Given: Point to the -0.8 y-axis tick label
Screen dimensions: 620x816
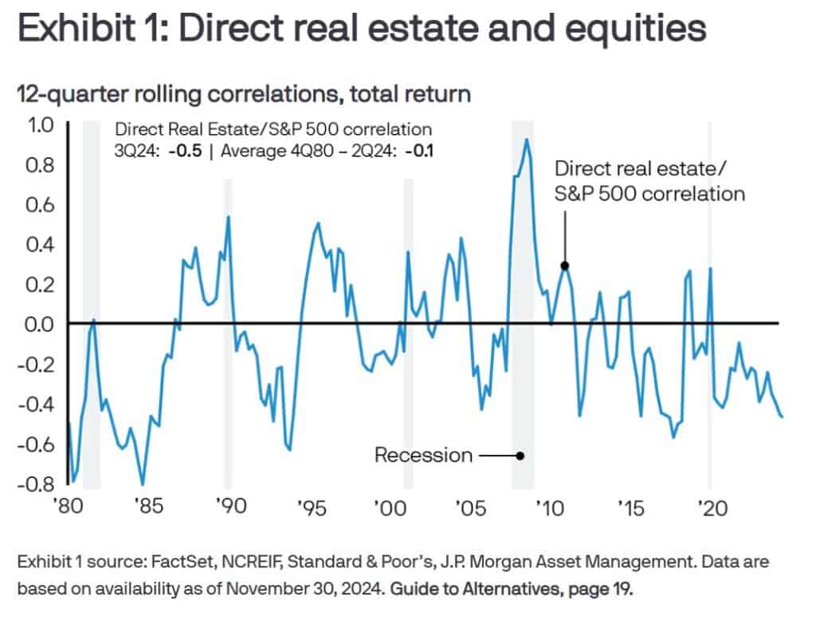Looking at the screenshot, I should [37, 484].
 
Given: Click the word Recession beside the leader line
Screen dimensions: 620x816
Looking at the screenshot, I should [423, 456].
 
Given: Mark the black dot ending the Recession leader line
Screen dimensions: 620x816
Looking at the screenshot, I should [520, 456].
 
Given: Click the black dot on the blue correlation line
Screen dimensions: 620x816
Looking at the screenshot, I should [564, 266].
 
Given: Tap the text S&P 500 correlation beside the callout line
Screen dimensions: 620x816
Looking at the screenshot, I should [649, 193].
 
